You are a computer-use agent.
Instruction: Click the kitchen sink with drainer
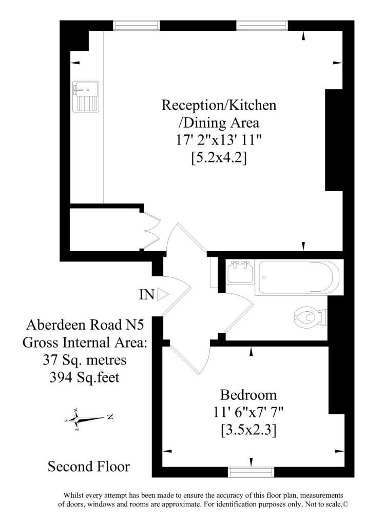click(x=86, y=96)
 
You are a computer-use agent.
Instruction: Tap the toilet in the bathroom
click(x=311, y=317)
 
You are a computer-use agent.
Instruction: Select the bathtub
click(x=299, y=277)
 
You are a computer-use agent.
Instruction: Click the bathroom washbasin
click(x=240, y=273)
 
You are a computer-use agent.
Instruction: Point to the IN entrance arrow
click(x=163, y=295)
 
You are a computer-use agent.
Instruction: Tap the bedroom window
click(x=251, y=472)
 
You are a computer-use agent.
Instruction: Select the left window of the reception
click(x=137, y=26)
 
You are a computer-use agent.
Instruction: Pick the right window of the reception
click(x=262, y=26)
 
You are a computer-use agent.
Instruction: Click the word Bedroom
click(x=248, y=395)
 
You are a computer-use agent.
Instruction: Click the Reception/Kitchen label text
click(x=219, y=105)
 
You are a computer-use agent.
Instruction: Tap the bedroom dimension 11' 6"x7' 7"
click(x=248, y=413)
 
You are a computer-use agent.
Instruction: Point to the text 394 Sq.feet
click(x=84, y=378)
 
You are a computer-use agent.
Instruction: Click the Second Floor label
click(x=88, y=467)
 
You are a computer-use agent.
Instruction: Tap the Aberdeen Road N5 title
click(x=85, y=325)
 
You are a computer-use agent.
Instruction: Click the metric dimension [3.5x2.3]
click(x=248, y=430)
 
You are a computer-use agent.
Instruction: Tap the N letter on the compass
click(x=110, y=417)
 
